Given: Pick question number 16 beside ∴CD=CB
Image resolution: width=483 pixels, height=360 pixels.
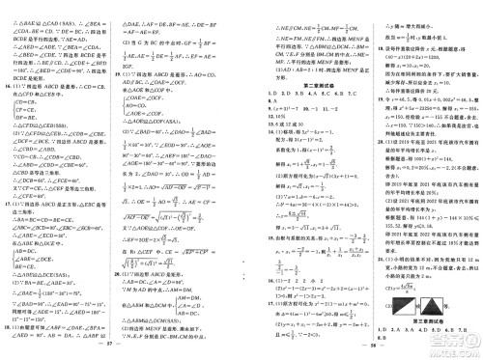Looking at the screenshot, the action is tap(7, 89).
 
